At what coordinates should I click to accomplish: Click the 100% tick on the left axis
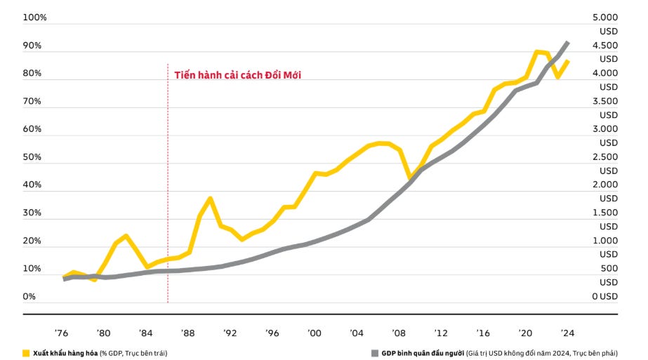(x=34, y=18)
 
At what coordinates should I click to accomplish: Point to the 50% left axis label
(x=32, y=157)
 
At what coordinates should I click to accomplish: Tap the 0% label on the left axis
(x=29, y=297)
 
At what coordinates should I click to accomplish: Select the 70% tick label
(x=32, y=101)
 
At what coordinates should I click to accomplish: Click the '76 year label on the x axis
(x=62, y=333)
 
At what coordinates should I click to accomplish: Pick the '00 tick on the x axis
(x=315, y=333)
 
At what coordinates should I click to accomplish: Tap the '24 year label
(x=568, y=333)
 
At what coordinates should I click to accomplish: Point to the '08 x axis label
(x=399, y=333)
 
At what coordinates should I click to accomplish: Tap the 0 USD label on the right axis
(x=604, y=297)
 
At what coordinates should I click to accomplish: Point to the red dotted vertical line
(x=168, y=211)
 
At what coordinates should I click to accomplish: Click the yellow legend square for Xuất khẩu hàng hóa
(x=26, y=353)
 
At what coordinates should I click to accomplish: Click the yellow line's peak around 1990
(x=210, y=199)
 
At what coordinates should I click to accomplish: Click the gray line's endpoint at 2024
(x=568, y=43)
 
